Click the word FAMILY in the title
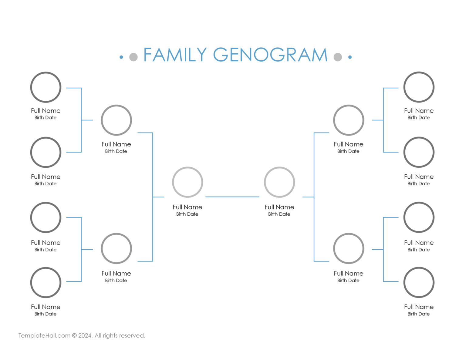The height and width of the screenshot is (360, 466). point(175,55)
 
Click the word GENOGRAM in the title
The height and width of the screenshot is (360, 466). point(270,55)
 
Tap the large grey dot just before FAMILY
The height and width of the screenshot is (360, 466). point(133,57)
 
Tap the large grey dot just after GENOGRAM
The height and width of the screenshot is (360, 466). point(338,57)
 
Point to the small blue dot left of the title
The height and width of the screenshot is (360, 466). point(121,57)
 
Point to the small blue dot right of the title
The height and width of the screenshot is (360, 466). point(350,57)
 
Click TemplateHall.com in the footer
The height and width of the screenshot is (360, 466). point(44,335)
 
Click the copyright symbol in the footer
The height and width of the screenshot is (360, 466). point(74,336)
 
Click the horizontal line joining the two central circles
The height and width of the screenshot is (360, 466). point(232,197)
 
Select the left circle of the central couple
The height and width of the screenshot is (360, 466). point(187,182)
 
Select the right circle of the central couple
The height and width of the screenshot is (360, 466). point(279,182)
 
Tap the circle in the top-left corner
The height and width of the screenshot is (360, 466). point(46,87)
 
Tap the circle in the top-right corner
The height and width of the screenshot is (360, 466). point(419,87)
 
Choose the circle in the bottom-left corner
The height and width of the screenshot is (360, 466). point(46,283)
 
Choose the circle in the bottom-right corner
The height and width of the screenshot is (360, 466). point(419,283)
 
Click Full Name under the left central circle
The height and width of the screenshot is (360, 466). point(187,207)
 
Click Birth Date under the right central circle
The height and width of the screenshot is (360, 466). point(279,214)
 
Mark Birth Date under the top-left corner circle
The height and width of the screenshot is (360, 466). point(46,118)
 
